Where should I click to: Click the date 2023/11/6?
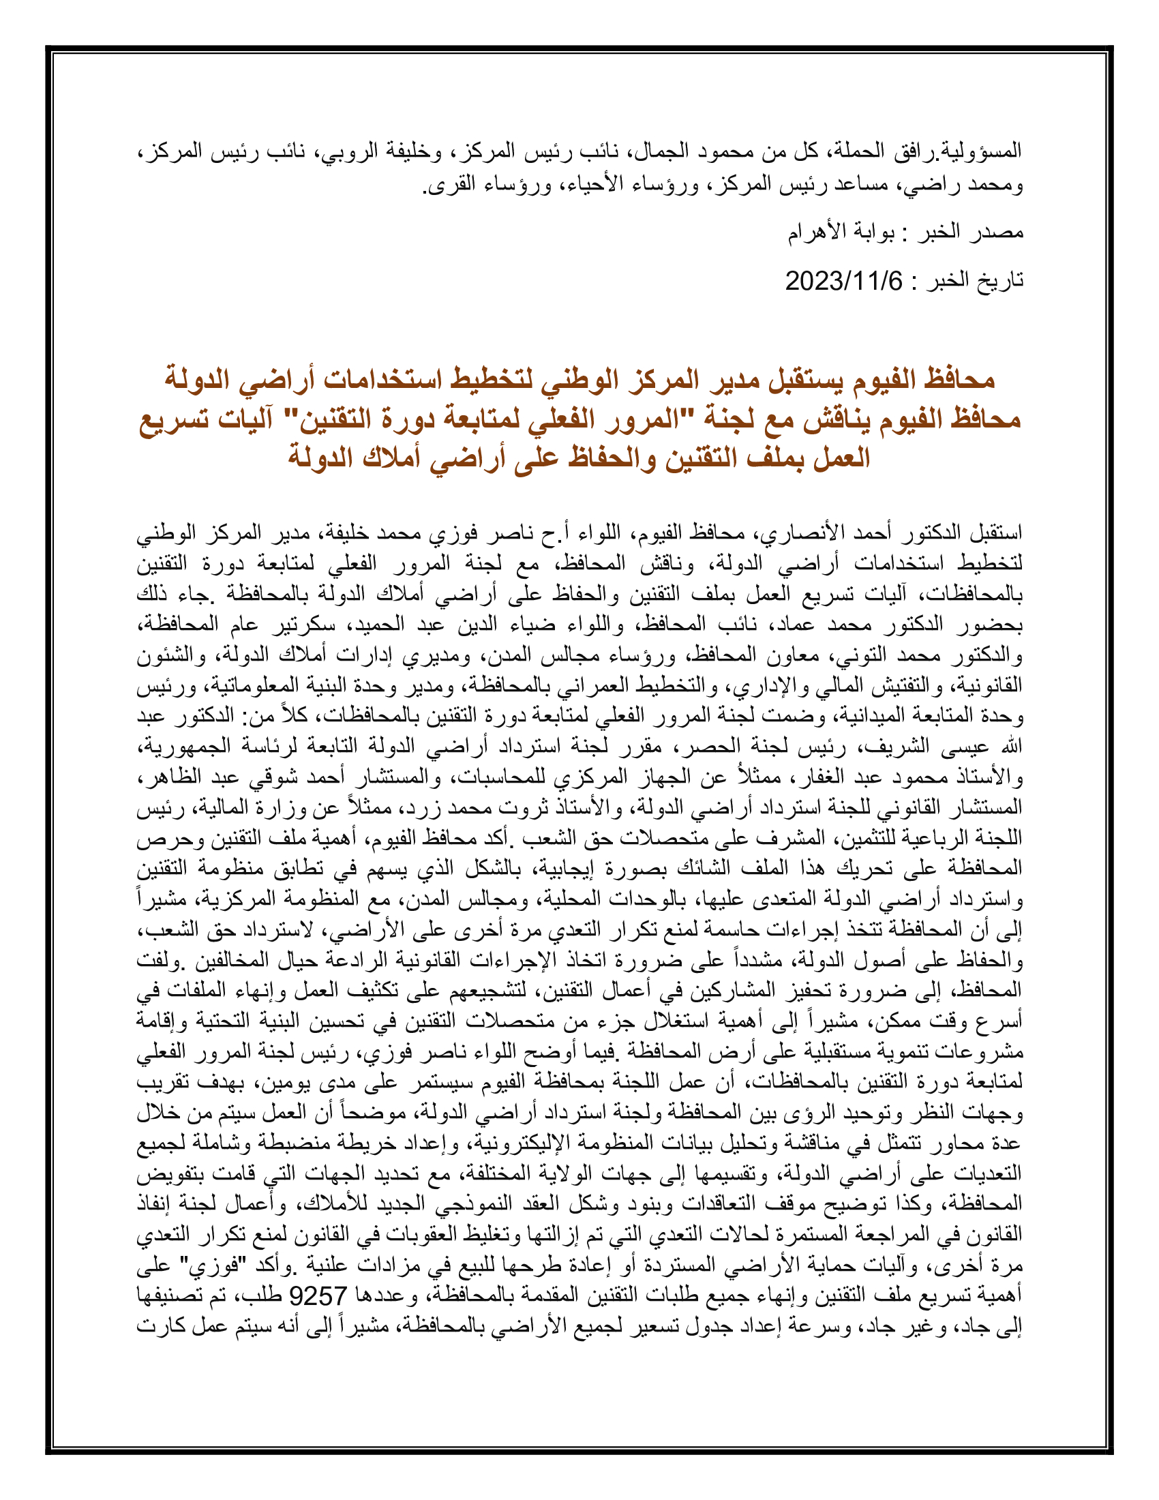[x=843, y=281]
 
